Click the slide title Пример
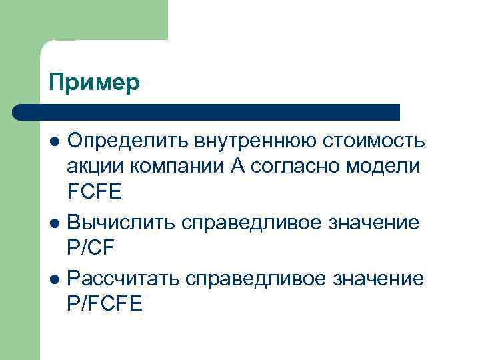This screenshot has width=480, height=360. (95, 83)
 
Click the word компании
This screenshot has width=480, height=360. (175, 167)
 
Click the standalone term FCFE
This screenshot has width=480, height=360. (95, 192)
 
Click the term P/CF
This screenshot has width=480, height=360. (92, 248)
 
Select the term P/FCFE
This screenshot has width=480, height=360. (105, 303)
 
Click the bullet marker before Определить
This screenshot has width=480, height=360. (57, 142)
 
